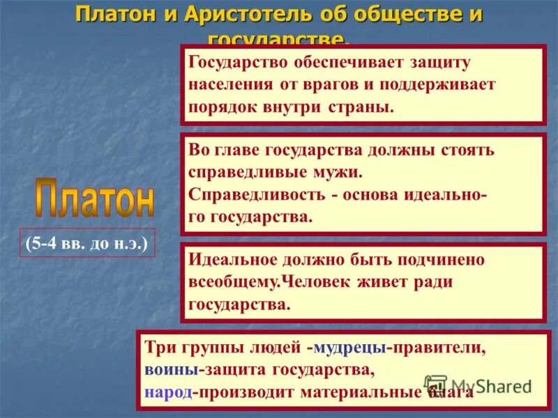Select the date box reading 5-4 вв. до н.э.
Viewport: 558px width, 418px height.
[87, 245]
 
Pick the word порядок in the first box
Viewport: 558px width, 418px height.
[216, 109]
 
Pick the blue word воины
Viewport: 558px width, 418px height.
[167, 369]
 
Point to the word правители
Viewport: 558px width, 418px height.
[435, 346]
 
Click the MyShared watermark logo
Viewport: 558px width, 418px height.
[478, 385]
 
